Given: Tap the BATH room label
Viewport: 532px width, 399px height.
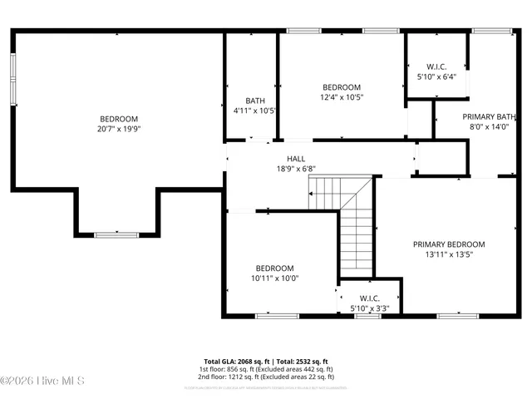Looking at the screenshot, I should (254, 101).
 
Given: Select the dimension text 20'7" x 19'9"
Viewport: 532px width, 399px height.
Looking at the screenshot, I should (119, 129).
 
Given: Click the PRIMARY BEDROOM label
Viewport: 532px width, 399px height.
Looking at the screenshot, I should (449, 244).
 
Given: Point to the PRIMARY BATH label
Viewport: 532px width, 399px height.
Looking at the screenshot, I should (489, 116).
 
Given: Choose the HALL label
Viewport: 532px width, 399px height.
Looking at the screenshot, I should (296, 159).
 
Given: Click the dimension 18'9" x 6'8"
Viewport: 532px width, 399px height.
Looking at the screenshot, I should (296, 169).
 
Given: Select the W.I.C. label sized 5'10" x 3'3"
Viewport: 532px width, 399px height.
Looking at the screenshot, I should (369, 298).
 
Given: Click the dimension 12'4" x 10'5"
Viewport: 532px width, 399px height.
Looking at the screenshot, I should (342, 97).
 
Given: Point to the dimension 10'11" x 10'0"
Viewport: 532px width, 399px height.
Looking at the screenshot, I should (274, 278).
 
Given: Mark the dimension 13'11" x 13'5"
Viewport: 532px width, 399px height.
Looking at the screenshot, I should (449, 255).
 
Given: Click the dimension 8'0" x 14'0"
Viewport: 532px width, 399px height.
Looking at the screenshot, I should (489, 127).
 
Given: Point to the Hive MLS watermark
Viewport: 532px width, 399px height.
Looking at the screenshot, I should (37, 381).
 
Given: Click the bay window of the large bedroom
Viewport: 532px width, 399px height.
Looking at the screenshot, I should (116, 235).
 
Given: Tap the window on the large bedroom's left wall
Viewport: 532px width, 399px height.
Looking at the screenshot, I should (12, 81).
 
